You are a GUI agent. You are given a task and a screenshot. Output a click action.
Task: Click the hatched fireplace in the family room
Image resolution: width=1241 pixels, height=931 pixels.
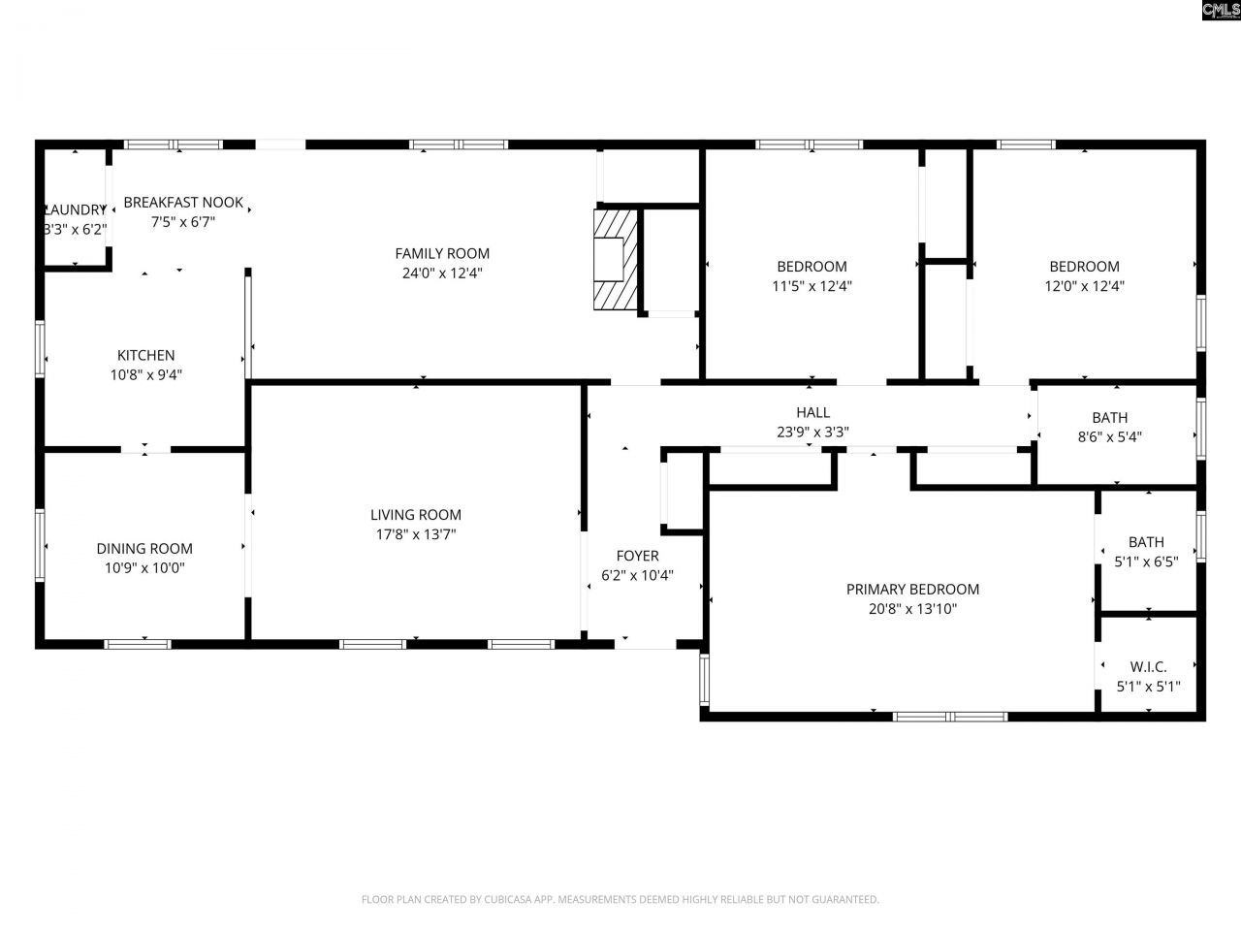click(616, 259)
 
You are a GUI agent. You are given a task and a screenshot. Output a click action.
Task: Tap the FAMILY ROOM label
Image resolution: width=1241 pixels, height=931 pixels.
click(442, 254)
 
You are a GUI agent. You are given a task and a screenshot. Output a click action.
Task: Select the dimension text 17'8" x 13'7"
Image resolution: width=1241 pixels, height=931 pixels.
click(416, 534)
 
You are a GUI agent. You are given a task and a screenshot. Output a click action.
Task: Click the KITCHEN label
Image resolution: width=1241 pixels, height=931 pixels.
click(146, 356)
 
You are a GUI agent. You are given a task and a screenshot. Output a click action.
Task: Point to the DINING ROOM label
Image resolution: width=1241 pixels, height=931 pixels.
click(144, 549)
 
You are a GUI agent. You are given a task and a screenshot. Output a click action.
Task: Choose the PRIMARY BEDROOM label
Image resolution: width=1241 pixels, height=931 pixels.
click(912, 590)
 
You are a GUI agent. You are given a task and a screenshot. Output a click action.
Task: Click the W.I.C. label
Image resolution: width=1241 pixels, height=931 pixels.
click(1148, 667)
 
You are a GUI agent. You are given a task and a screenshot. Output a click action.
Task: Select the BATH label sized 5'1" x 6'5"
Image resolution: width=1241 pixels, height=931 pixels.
click(1146, 542)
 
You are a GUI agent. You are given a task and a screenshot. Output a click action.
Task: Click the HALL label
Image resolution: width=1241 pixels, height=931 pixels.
click(812, 413)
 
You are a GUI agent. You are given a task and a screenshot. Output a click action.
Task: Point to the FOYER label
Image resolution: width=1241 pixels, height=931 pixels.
click(637, 556)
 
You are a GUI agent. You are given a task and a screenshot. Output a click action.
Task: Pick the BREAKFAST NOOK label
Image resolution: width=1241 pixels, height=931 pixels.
click(183, 203)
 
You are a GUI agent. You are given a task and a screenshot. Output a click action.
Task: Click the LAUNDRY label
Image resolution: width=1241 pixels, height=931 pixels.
click(75, 210)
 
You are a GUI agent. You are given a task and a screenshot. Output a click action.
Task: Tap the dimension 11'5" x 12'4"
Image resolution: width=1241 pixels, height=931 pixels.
click(811, 286)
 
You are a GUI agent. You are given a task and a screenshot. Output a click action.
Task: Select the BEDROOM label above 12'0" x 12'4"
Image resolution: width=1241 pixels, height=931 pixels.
click(1084, 267)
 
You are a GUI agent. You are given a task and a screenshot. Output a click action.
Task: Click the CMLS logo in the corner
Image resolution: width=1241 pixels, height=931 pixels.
click(1220, 11)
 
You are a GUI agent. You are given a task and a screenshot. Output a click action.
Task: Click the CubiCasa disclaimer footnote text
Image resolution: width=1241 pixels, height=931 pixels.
click(620, 900)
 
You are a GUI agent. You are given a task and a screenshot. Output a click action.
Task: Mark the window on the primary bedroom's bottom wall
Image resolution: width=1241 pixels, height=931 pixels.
click(950, 717)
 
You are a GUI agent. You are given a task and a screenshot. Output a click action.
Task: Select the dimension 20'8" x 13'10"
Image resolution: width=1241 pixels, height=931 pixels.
click(912, 609)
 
